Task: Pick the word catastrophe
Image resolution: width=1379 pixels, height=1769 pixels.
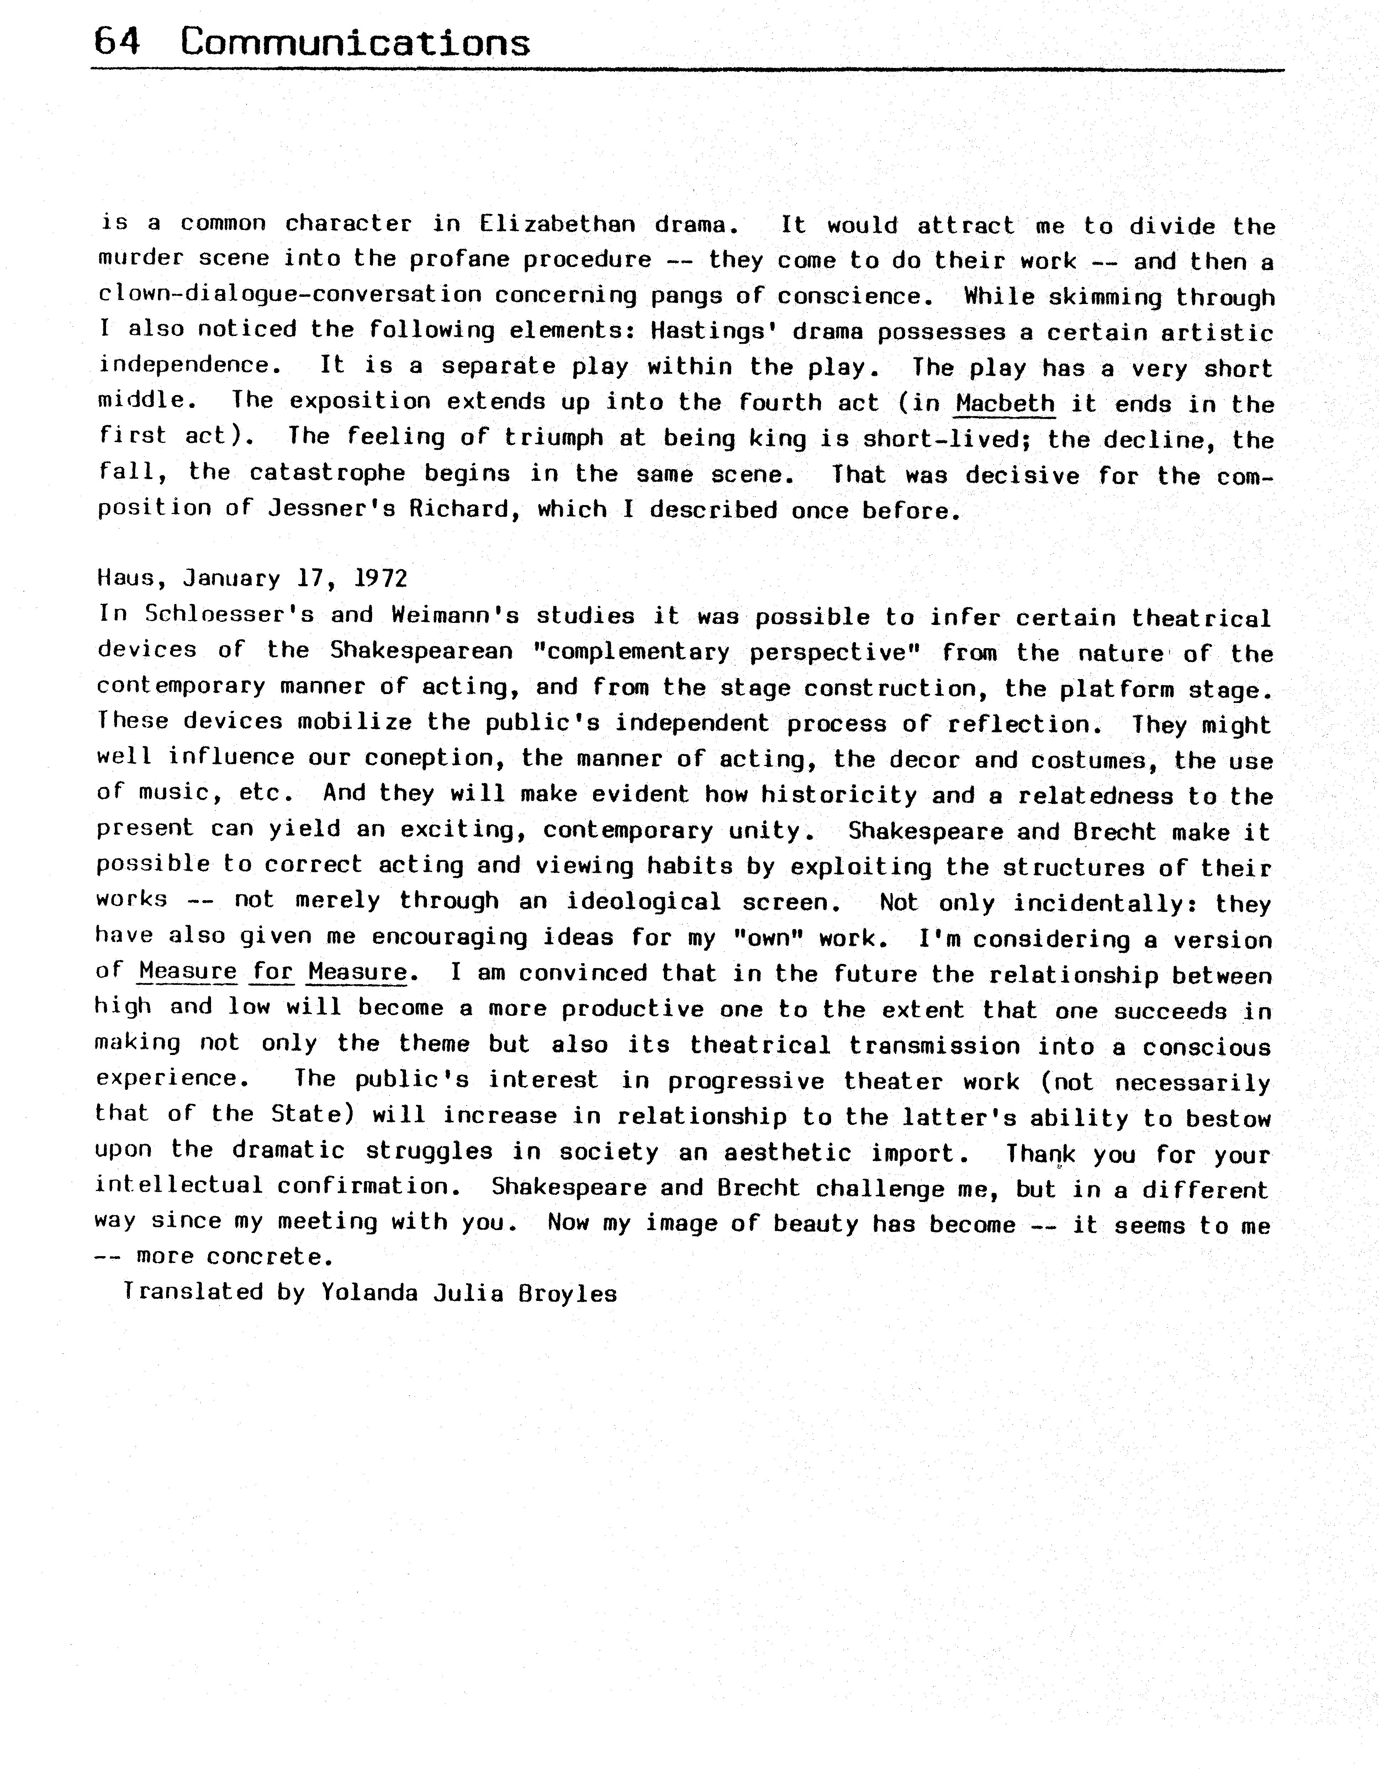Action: point(327,473)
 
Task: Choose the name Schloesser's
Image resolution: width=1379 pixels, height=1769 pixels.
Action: point(228,615)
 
